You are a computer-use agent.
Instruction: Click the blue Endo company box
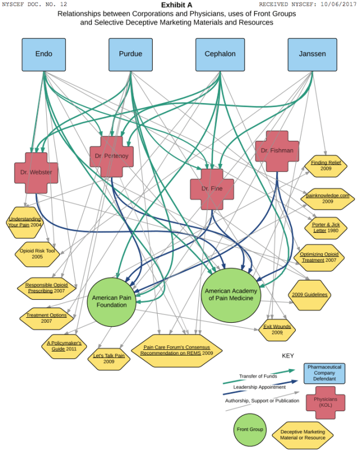[43, 54]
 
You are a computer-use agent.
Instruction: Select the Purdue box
[130, 54]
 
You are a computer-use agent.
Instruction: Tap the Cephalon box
[217, 54]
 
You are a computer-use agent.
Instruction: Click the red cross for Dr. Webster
[36, 172]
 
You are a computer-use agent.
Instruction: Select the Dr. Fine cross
[212, 189]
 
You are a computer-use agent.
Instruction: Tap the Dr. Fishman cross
[277, 151]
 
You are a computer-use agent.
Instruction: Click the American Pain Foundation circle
[111, 301]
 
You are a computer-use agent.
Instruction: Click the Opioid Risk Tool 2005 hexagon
[37, 253]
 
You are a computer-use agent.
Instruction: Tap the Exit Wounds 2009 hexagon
[277, 329]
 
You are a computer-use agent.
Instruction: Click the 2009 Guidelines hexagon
[309, 295]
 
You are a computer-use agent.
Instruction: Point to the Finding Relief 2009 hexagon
[326, 166]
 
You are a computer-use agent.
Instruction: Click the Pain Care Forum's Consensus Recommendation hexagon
[177, 350]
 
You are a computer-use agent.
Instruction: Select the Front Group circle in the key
[250, 429]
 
